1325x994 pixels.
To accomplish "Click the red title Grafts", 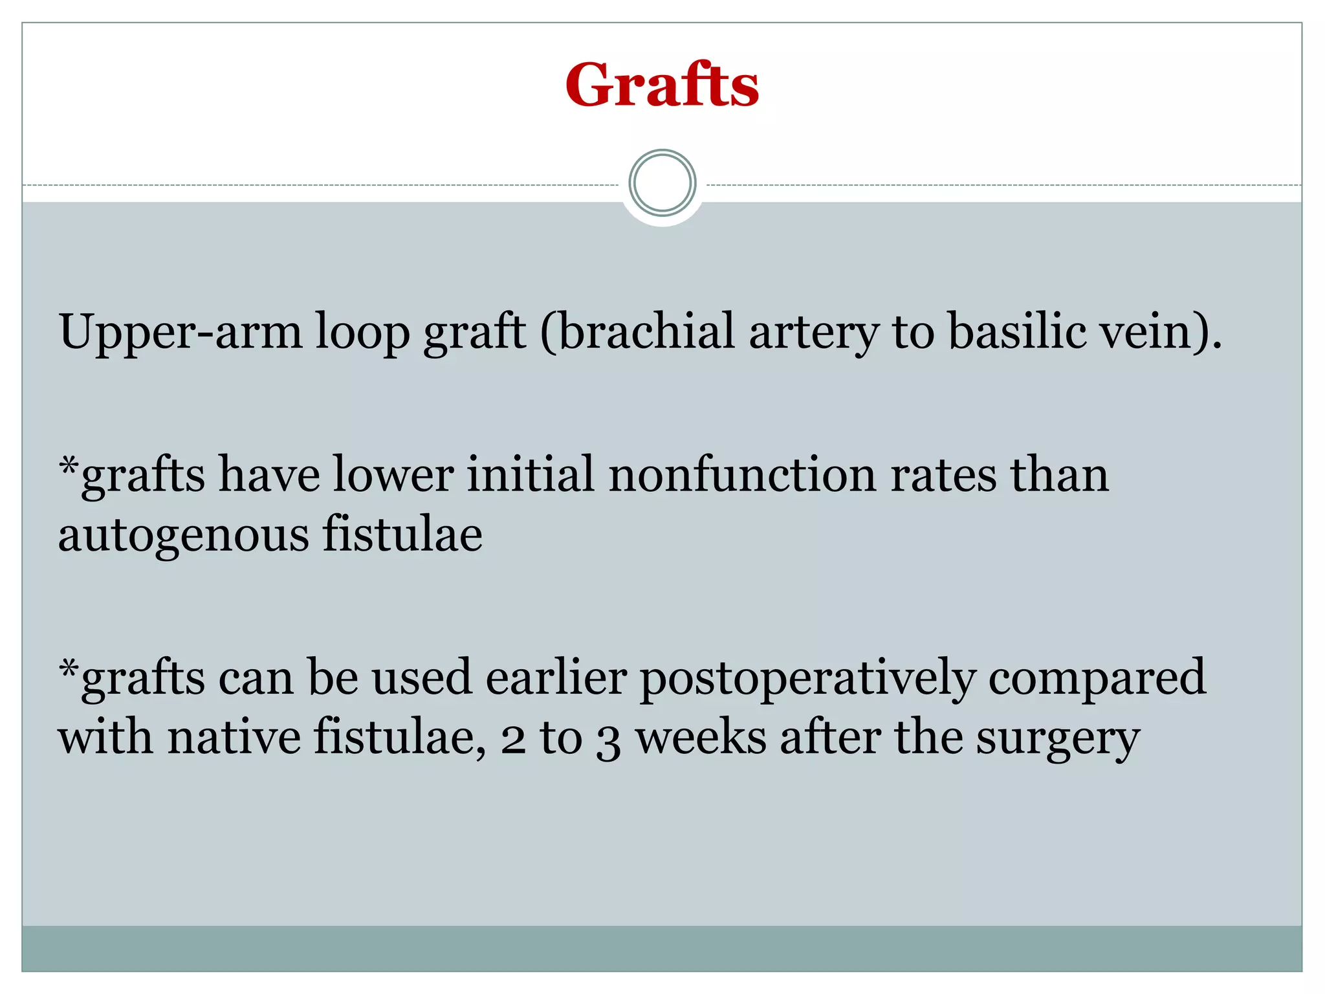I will pos(662,85).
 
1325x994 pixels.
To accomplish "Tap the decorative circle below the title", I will pos(662,183).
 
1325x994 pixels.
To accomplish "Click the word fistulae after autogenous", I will pos(402,535).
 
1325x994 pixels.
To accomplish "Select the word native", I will pos(234,738).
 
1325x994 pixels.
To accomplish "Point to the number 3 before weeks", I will pos(608,742).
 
